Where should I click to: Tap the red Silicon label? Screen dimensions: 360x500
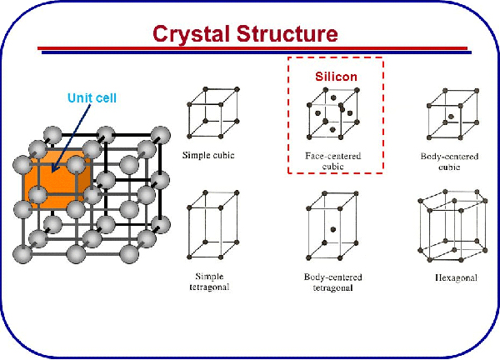coord(335,76)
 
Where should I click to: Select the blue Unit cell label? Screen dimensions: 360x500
coord(92,98)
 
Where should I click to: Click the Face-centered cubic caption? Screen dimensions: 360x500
coord(335,160)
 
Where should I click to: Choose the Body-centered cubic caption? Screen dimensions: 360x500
coord(453,160)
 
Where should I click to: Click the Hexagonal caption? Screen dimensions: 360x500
coord(456,277)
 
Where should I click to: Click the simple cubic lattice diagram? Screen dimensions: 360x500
coord(214,113)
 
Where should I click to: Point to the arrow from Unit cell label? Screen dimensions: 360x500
coord(71,137)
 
